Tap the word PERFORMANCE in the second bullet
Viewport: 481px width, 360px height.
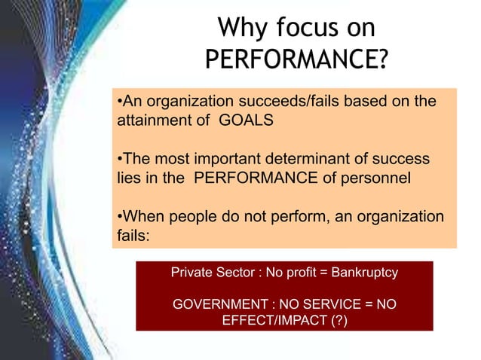[267, 180]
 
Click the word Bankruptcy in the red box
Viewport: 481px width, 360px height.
[361, 272]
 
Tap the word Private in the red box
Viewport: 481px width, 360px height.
[192, 272]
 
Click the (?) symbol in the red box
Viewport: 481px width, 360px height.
[336, 321]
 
